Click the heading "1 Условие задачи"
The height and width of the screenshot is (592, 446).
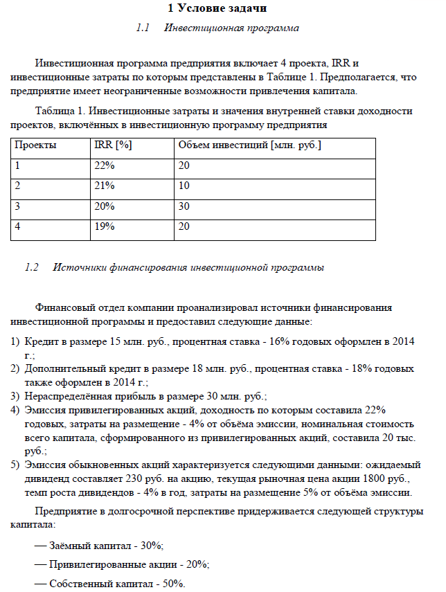pyautogui.click(x=217, y=8)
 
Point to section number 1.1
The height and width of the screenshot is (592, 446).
pyautogui.click(x=143, y=28)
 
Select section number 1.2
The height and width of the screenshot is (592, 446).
pyautogui.click(x=32, y=267)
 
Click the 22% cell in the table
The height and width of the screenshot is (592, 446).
pyautogui.click(x=105, y=166)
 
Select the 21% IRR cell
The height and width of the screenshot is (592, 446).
pyautogui.click(x=105, y=186)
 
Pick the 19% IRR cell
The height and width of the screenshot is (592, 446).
pyautogui.click(x=105, y=226)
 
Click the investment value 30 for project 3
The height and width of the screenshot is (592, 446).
pyautogui.click(x=184, y=206)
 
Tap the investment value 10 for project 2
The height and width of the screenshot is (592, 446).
pyautogui.click(x=184, y=186)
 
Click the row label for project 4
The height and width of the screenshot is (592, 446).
pyautogui.click(x=18, y=226)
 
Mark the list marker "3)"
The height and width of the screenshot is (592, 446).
pyautogui.click(x=15, y=396)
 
